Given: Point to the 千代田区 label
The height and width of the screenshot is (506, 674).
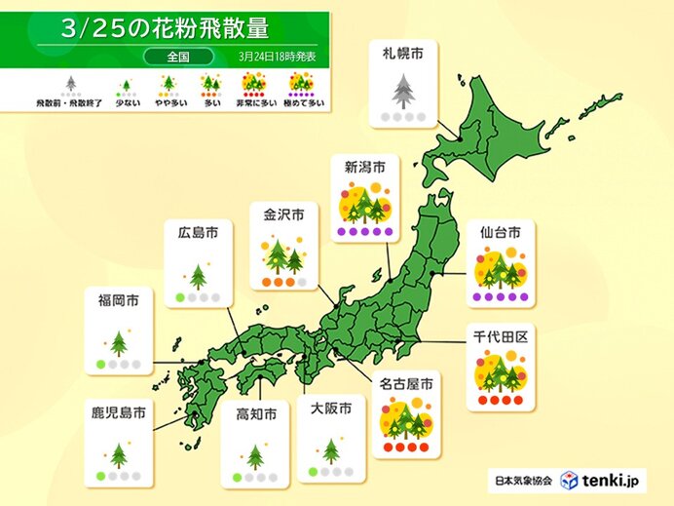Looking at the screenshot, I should (x=500, y=334).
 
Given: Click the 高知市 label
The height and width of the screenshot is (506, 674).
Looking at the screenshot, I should (x=256, y=414).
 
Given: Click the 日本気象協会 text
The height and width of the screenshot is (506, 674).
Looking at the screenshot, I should (x=521, y=481).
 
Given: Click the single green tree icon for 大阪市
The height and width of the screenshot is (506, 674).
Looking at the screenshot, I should (x=331, y=450).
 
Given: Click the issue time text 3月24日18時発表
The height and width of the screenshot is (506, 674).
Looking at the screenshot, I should (x=279, y=57).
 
